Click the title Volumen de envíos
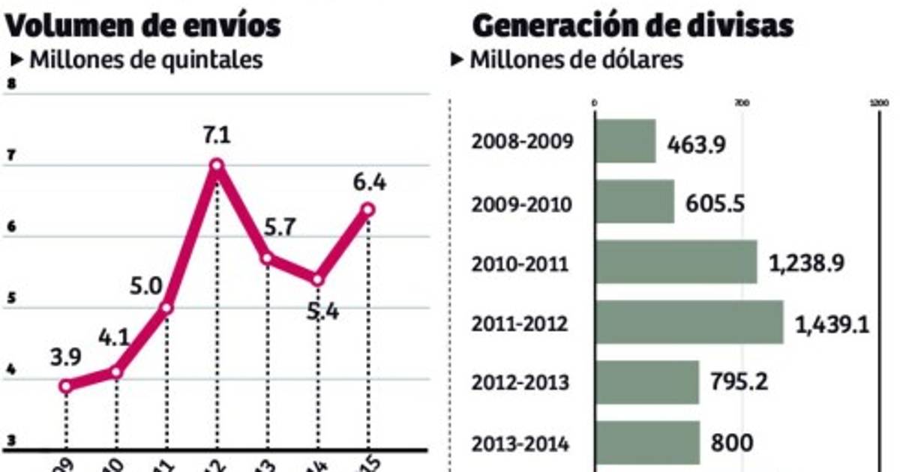coord(143,25)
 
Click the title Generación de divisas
coord(632,25)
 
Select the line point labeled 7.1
coord(217,165)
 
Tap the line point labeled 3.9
coord(66,387)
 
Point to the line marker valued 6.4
coord(367,210)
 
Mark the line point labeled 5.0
coord(166,308)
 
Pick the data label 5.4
coord(322,309)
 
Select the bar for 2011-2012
coord(689,322)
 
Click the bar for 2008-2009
coord(625,141)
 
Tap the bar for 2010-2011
coord(676,262)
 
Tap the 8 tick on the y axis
coord(10,84)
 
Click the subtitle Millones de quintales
coord(145,60)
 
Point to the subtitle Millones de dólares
coord(576,60)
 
